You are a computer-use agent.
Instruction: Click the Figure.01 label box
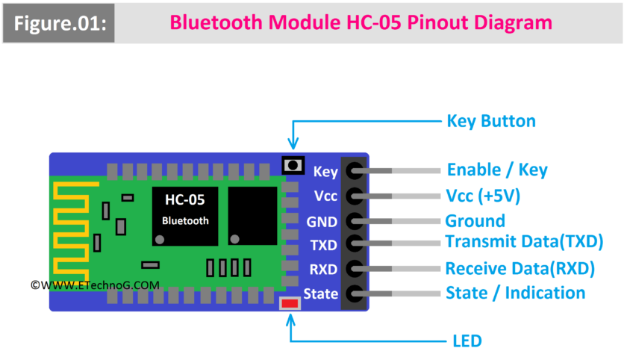[59, 22]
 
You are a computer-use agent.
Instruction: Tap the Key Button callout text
[490, 121]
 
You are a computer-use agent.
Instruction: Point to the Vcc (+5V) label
[482, 196]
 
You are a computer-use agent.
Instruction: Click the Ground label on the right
[475, 221]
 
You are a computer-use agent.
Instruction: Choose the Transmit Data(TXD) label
[524, 242]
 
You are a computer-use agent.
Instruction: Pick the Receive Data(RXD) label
[520, 268]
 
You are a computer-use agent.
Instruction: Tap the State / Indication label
[515, 293]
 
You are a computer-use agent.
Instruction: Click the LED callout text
[467, 341]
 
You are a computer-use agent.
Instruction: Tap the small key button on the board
[293, 165]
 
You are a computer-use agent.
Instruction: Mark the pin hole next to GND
[354, 221]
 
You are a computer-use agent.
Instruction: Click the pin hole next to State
[354, 294]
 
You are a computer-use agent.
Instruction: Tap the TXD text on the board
[323, 245]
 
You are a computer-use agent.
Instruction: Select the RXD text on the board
[323, 269]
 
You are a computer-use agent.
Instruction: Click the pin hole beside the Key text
[354, 171]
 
